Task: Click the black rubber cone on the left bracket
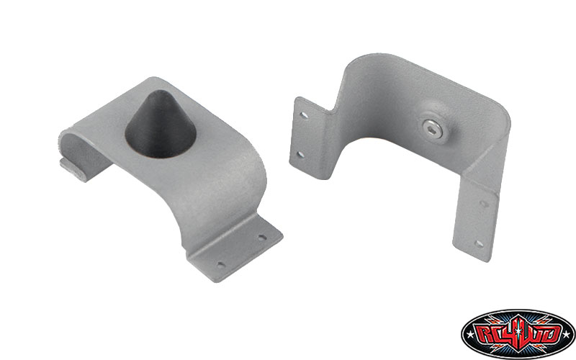[x=161, y=125]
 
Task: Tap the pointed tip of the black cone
[x=156, y=93]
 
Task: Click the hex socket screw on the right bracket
[x=433, y=128]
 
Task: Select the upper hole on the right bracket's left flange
[x=304, y=115]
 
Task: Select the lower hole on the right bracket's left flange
[x=300, y=155]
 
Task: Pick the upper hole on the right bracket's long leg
[x=485, y=204]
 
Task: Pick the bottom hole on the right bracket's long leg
[x=479, y=243]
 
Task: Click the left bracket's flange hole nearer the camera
[x=221, y=264]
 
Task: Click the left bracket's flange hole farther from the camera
[x=261, y=238]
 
